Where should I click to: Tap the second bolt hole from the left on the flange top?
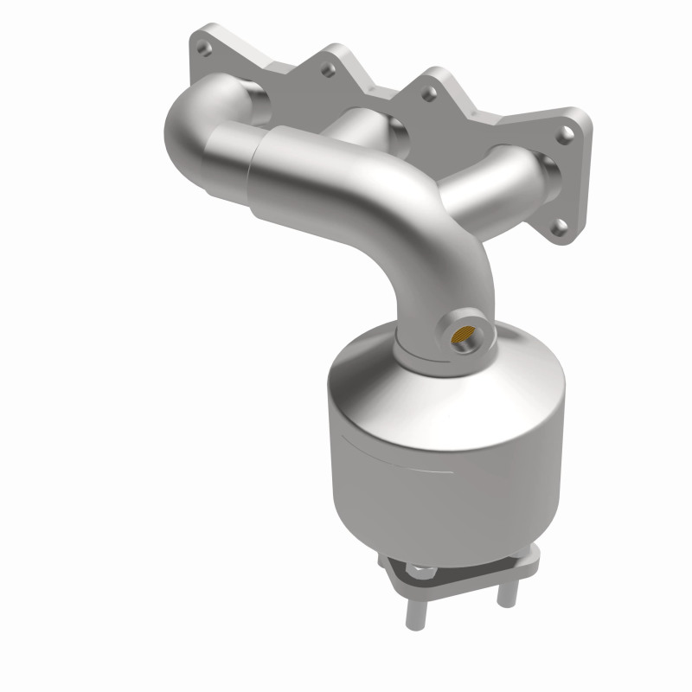coord(328,64)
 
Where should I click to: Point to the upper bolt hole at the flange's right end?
coord(566,134)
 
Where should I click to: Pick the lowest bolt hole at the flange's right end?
coord(560,228)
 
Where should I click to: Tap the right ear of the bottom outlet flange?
coord(529,555)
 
